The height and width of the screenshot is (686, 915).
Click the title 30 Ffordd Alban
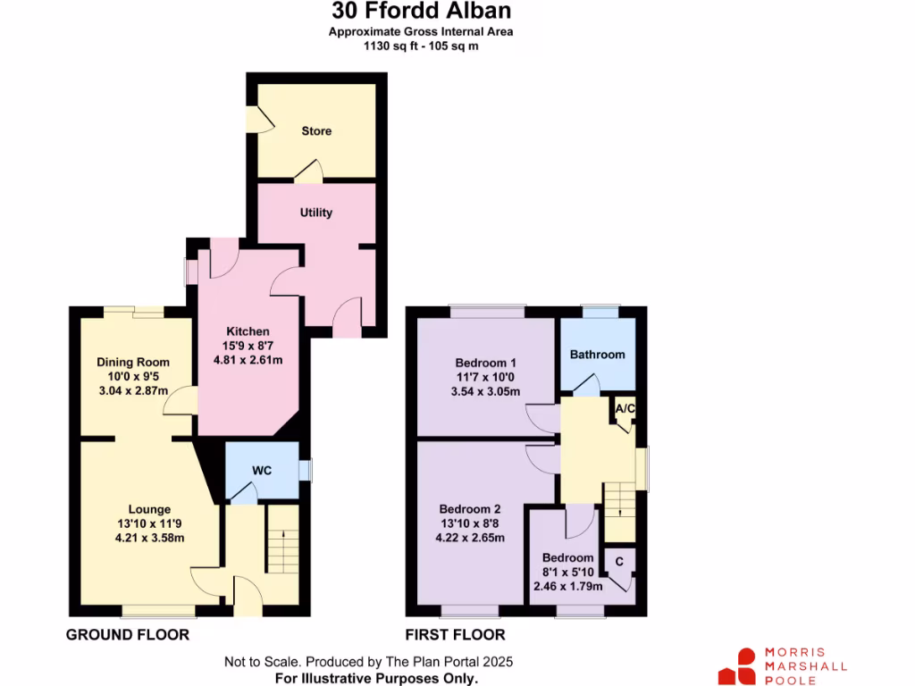421,12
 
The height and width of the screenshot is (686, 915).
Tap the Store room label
316,131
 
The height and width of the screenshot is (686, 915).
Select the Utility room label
316,213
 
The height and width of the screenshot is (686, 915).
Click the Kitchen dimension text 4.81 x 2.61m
248,361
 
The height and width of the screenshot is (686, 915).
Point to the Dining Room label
133,363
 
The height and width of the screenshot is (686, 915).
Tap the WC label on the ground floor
262,471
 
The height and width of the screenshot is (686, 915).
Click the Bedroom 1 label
486,364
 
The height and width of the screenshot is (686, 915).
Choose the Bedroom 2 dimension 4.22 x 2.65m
470,538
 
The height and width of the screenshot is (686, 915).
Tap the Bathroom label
598,355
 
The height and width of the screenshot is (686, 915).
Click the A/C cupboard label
625,409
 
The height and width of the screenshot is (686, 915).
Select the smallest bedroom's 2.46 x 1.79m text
568,587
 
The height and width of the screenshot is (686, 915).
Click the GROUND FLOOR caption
128,635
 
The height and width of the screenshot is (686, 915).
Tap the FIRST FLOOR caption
456,635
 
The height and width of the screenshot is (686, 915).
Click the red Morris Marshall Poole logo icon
738,666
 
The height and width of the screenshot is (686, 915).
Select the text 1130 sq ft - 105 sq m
421,46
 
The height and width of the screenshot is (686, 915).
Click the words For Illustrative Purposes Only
376,679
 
